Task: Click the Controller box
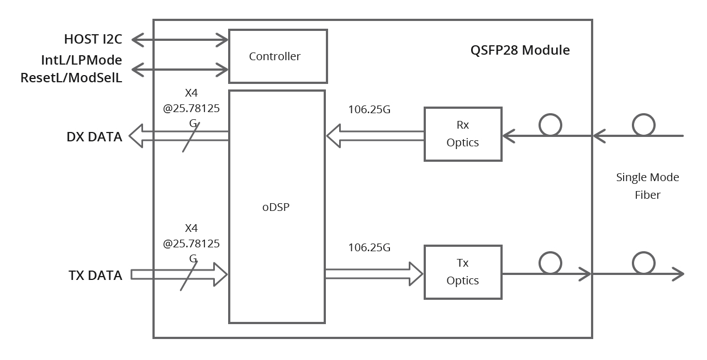tap(278, 56)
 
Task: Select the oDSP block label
tap(276, 208)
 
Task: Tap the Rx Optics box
tap(463, 134)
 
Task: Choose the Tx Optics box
tap(463, 272)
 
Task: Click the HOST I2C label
tap(93, 39)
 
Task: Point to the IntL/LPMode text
tap(82, 60)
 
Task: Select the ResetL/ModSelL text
tap(71, 77)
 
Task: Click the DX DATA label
tap(94, 137)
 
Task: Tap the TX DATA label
tap(96, 275)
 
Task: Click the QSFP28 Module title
tap(520, 50)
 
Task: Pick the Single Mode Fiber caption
tap(647, 186)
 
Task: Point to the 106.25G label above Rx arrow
tap(369, 109)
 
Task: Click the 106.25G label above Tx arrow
tap(369, 247)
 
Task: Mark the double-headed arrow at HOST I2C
tap(180, 40)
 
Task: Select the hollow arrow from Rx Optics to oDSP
tap(375, 136)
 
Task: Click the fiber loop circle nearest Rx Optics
tap(550, 125)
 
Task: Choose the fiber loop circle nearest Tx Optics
tap(550, 263)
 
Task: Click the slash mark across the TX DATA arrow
tap(189, 275)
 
